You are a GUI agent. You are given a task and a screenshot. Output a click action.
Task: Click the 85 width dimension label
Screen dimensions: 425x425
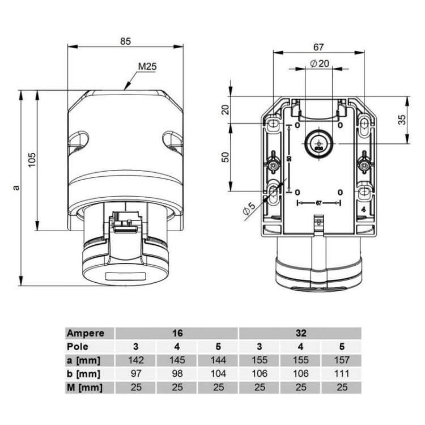125,41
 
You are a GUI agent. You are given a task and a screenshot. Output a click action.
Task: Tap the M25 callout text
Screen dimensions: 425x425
147,66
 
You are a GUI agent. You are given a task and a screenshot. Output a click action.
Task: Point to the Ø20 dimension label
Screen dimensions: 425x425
320,63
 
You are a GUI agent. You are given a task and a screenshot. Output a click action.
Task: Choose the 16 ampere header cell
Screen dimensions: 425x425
176,333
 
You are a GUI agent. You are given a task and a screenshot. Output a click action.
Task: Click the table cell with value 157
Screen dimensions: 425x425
341,360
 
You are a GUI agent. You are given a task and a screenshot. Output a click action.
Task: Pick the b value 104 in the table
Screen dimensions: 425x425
218,374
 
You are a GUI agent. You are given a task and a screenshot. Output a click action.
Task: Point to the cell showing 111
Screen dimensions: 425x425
341,374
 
